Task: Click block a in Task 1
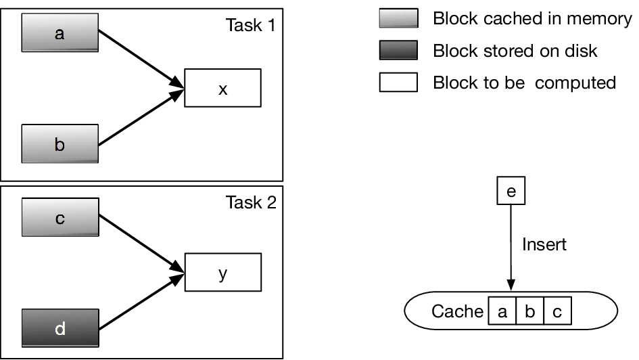click(x=60, y=32)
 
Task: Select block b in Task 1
click(x=60, y=143)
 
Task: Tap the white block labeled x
click(x=222, y=88)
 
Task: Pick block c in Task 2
click(x=60, y=217)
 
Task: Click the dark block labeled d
click(x=60, y=328)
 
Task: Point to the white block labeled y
click(x=223, y=272)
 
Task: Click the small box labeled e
click(x=511, y=190)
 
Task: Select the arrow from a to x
click(x=141, y=59)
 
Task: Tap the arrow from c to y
click(x=142, y=244)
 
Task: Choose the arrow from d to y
click(x=142, y=301)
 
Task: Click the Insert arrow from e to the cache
click(x=511, y=248)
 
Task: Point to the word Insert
click(x=544, y=244)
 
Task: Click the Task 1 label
click(x=251, y=25)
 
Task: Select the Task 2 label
click(x=251, y=202)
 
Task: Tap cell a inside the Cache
click(x=502, y=311)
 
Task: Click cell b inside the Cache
click(x=529, y=311)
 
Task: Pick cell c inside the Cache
click(x=557, y=311)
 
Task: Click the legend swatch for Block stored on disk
click(x=398, y=50)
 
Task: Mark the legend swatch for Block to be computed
click(x=398, y=82)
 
